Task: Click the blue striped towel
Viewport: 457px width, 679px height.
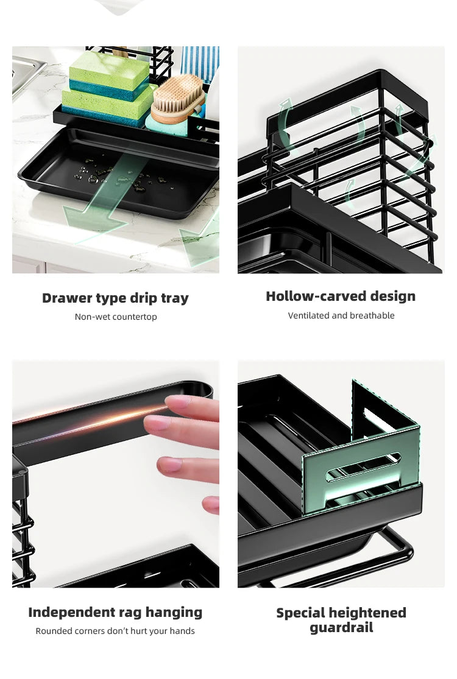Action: pos(199,63)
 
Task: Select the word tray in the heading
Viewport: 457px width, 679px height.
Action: pos(175,299)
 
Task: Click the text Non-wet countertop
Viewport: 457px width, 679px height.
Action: pos(116,317)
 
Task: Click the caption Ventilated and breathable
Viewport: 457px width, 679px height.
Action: pos(341,315)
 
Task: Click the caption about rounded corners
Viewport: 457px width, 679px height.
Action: pos(115,631)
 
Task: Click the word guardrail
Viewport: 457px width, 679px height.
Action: pos(341,628)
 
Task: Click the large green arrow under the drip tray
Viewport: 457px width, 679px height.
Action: pos(101,203)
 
